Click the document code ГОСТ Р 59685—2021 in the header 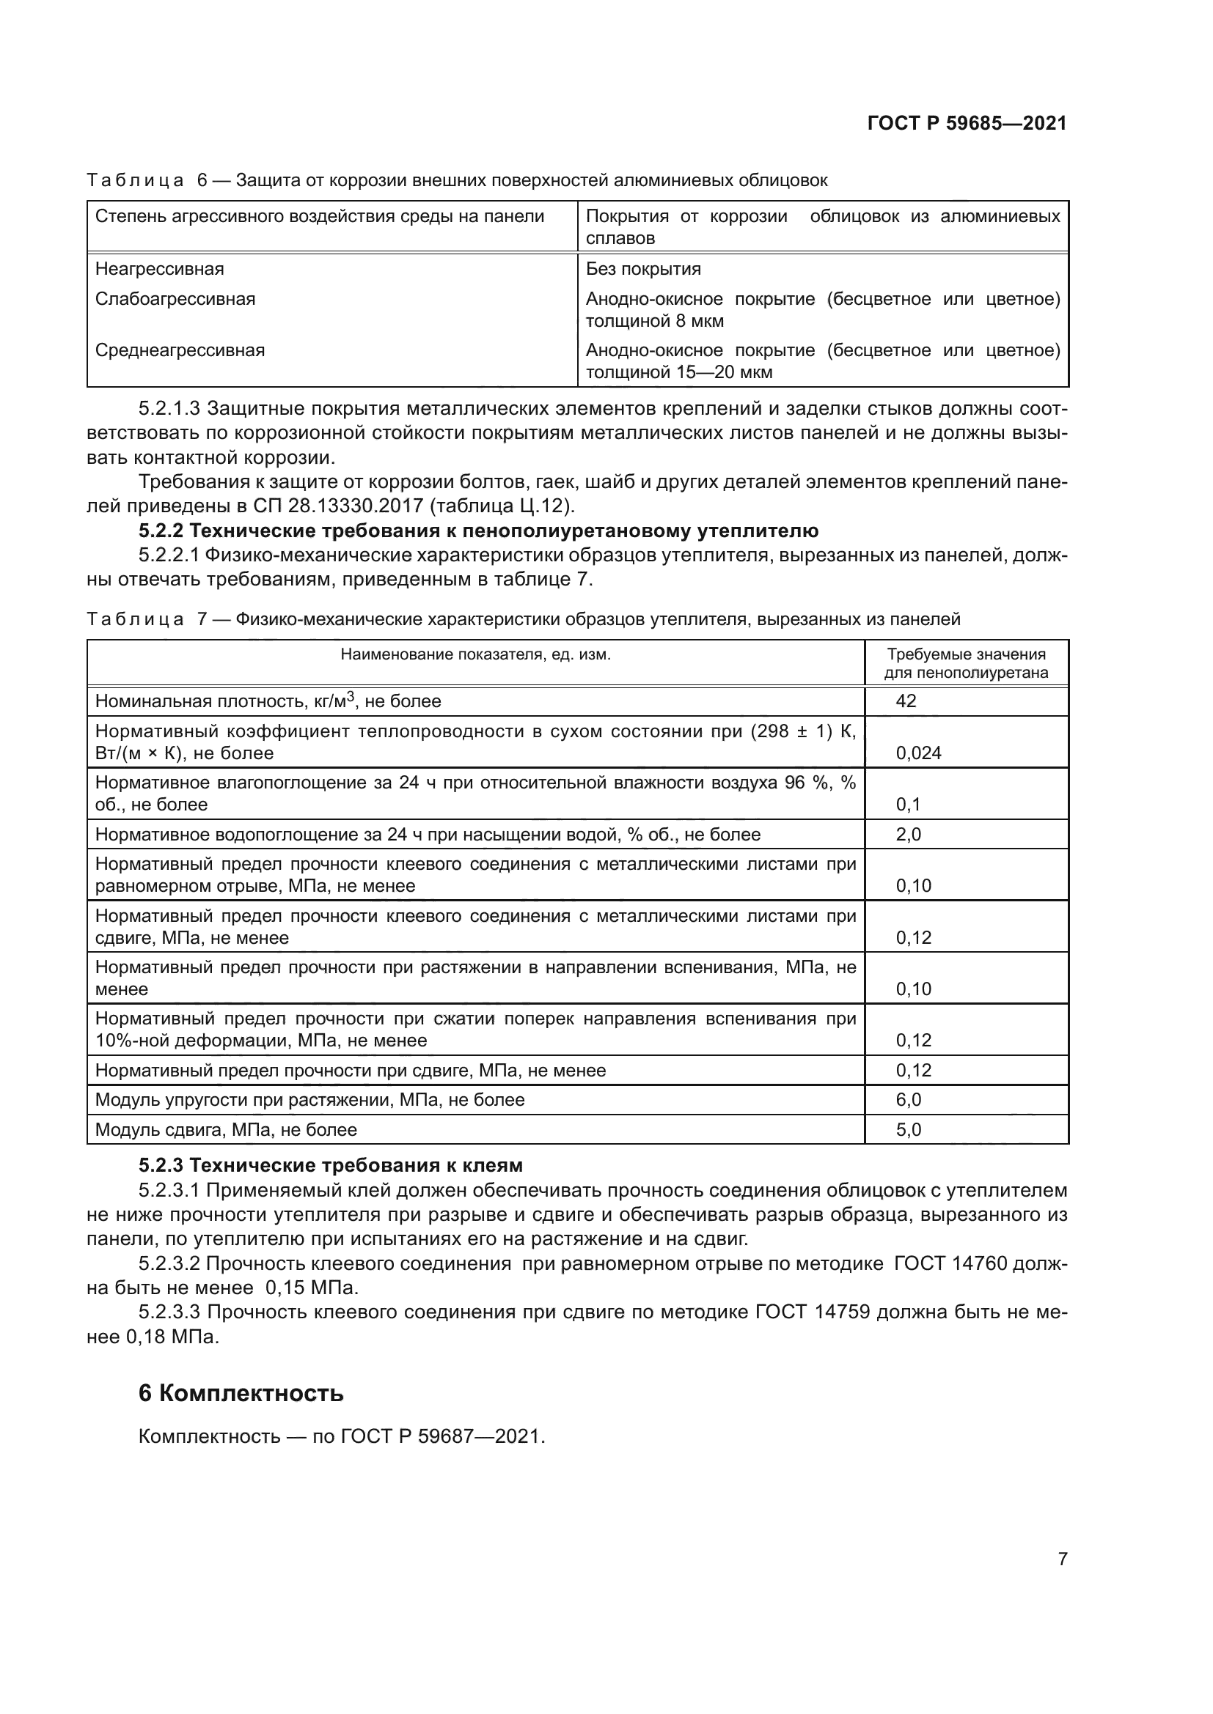(x=967, y=123)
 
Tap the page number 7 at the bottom (x=1062, y=1559)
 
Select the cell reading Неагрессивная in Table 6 (x=160, y=269)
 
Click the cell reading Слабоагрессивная (x=175, y=300)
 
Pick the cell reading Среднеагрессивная (x=180, y=350)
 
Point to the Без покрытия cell (x=643, y=269)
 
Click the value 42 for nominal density (x=906, y=701)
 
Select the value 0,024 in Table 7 (x=918, y=753)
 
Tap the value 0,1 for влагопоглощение (x=908, y=804)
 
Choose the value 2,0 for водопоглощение (x=908, y=834)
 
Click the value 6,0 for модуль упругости (x=908, y=1100)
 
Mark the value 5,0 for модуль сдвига (x=908, y=1129)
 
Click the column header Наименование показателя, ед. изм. (x=476, y=654)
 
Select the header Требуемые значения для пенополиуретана (x=967, y=664)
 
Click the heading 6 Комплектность (x=241, y=1394)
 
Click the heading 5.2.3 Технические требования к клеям (x=330, y=1165)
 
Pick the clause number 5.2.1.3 (x=169, y=409)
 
